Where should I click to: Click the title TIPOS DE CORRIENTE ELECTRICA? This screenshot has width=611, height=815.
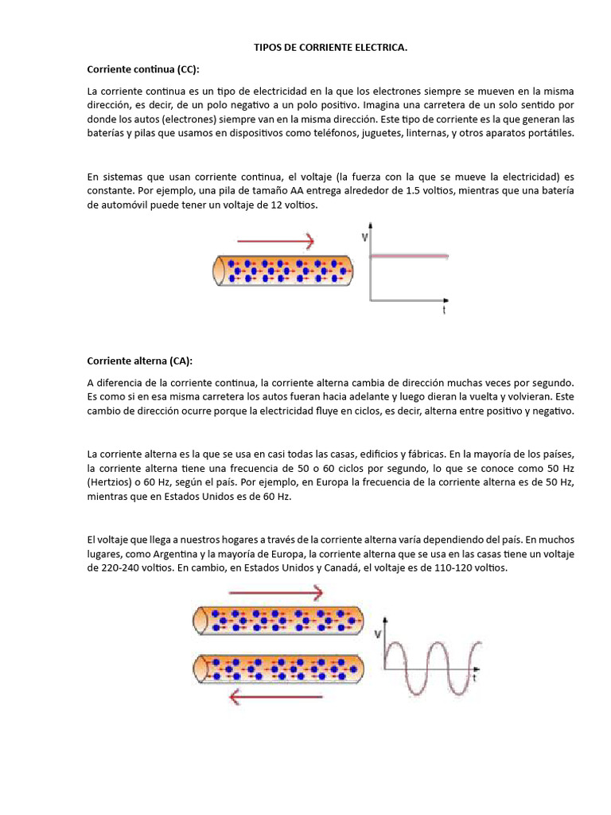(330, 49)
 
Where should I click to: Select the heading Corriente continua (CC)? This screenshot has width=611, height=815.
(143, 69)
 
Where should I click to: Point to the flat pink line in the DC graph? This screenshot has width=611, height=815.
(410, 255)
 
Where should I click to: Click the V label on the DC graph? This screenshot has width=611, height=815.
(365, 236)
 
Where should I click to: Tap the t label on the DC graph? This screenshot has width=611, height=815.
(444, 311)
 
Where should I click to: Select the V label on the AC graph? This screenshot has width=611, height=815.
(376, 634)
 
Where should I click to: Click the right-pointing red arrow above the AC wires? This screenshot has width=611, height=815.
(275, 592)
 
